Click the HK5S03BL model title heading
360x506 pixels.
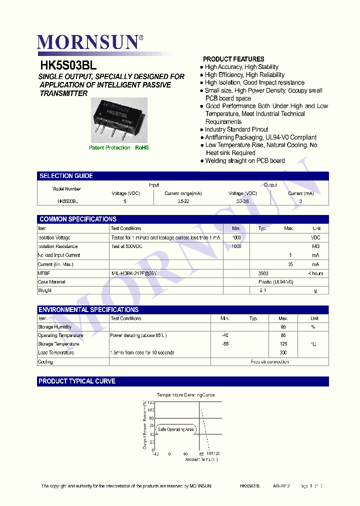click(x=68, y=65)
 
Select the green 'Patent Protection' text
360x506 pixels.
click(x=109, y=148)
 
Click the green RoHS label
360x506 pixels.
click(x=142, y=148)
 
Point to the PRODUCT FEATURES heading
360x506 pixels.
click(x=233, y=59)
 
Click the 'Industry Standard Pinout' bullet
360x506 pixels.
click(x=236, y=129)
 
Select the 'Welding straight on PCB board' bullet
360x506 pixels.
click(x=245, y=161)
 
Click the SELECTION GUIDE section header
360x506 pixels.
click(x=66, y=176)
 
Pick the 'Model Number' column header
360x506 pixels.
click(x=66, y=189)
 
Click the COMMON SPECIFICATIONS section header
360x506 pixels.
click(x=77, y=219)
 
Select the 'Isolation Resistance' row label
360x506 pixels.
click(x=58, y=246)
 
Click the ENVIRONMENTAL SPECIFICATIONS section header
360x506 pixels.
click(x=88, y=309)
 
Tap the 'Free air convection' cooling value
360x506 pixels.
click(x=269, y=361)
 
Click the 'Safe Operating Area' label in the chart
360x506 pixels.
click(x=175, y=429)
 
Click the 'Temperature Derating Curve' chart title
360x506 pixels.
click(x=185, y=395)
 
